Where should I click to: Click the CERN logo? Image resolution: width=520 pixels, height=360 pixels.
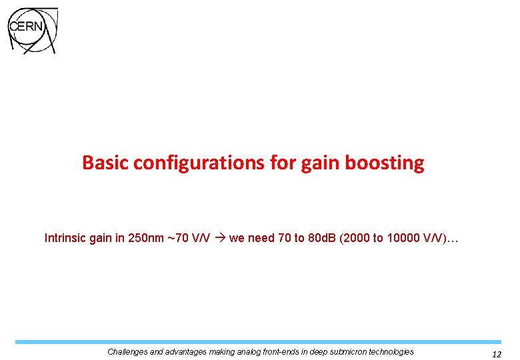[x=32, y=31]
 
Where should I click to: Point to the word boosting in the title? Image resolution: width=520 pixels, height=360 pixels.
[x=385, y=163]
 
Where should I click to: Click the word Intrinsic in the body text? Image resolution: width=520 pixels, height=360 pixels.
[x=65, y=238]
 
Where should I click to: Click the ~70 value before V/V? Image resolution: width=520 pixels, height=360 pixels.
[x=180, y=238]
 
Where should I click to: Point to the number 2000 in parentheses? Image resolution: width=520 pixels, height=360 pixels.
[x=358, y=238]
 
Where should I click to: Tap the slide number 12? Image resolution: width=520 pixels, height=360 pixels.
[x=496, y=355]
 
